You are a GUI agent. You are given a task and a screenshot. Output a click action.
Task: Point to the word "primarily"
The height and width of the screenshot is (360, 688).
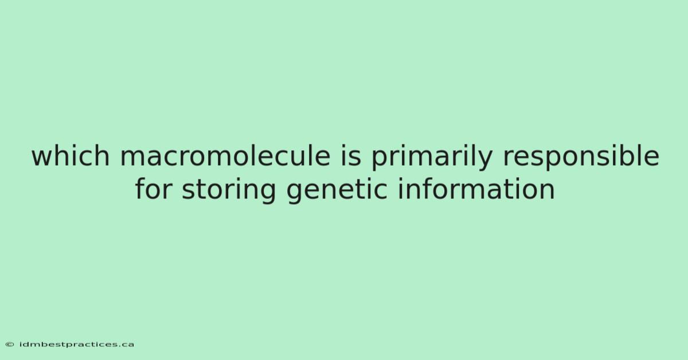click(x=432, y=158)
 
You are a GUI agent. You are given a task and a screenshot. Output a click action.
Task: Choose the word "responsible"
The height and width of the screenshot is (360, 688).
click(x=581, y=158)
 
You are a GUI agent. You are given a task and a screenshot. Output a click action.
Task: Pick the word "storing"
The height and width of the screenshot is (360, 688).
click(x=229, y=191)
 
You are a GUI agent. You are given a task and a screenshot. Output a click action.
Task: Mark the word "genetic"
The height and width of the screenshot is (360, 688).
click(x=337, y=191)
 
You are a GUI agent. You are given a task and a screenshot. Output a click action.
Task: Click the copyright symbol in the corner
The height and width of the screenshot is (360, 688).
click(x=10, y=345)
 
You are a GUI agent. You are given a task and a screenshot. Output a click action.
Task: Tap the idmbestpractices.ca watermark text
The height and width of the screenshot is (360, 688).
click(x=76, y=345)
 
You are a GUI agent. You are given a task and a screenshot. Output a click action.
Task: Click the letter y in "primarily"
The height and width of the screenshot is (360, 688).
click(x=484, y=161)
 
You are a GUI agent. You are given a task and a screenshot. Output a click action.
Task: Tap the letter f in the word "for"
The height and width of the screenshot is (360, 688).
click(x=140, y=188)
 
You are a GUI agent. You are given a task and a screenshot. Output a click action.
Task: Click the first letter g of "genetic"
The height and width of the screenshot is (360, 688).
click(x=295, y=194)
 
